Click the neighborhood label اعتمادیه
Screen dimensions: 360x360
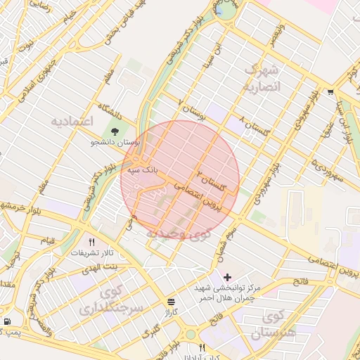[72, 122]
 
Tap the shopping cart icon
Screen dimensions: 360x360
[330, 91]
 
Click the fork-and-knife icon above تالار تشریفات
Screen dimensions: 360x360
[91, 241]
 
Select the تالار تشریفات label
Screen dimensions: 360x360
[92, 253]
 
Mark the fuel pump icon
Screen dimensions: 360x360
[7, 321]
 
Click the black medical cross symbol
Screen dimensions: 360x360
[226, 277]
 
